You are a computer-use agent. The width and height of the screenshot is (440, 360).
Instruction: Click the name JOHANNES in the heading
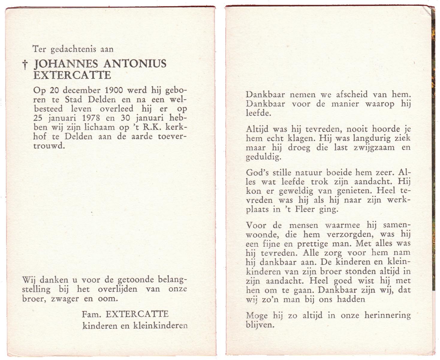66,64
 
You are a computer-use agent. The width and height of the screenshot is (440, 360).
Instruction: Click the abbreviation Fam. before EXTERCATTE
92,314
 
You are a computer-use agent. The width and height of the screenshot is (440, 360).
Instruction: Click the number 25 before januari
38,118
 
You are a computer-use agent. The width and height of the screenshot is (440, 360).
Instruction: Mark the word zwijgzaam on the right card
374,148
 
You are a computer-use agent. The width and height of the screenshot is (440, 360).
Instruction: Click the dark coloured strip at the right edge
433,150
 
